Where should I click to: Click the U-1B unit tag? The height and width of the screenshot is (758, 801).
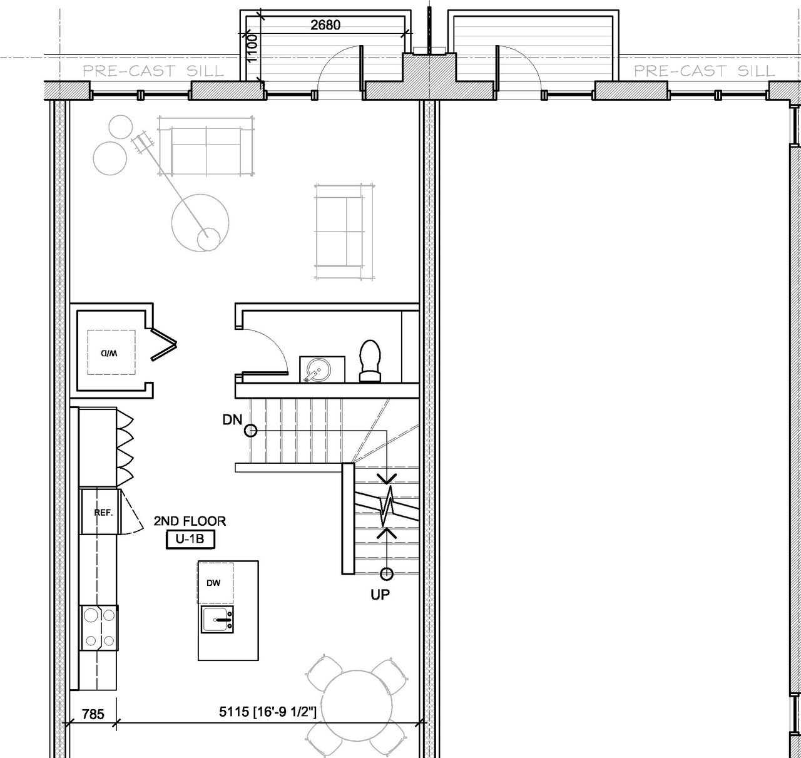[x=186, y=540]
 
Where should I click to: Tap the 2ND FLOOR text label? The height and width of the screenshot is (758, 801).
[x=190, y=521]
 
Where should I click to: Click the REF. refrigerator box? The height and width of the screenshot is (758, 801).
[x=99, y=513]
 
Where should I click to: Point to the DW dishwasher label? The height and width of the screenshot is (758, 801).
[x=213, y=583]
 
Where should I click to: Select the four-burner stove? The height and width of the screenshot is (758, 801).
[x=99, y=628]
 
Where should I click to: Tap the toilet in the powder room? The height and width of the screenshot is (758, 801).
[x=370, y=361]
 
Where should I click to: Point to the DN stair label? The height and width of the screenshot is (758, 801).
[x=232, y=420]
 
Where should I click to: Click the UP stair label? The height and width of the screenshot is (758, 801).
[x=380, y=595]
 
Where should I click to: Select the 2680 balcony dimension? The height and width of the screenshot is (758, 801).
[x=325, y=25]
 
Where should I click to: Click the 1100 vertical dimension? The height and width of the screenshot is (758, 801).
[x=251, y=49]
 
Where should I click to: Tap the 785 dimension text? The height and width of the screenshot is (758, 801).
[x=93, y=714]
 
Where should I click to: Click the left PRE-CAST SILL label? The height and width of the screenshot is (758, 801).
[x=153, y=71]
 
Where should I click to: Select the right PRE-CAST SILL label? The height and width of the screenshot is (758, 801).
[x=704, y=71]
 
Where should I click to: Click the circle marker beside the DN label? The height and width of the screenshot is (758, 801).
[x=250, y=430]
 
